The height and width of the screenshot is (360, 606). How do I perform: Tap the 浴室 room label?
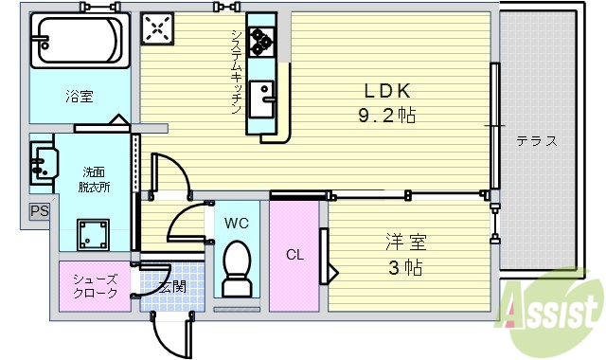79,96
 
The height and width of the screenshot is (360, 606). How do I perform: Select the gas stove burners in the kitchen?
259,41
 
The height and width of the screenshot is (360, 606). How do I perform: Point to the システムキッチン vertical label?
236,72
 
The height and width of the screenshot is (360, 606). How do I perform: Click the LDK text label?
387,92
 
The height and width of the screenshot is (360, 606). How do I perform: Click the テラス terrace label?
536,141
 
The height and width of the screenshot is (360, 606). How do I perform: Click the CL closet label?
294,254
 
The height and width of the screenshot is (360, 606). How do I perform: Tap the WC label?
236,224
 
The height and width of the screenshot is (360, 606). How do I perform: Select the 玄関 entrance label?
171,286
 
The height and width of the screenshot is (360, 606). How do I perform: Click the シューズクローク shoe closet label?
95,286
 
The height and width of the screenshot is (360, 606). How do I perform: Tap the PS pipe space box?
39,211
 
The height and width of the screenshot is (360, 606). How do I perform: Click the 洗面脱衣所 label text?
94,179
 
